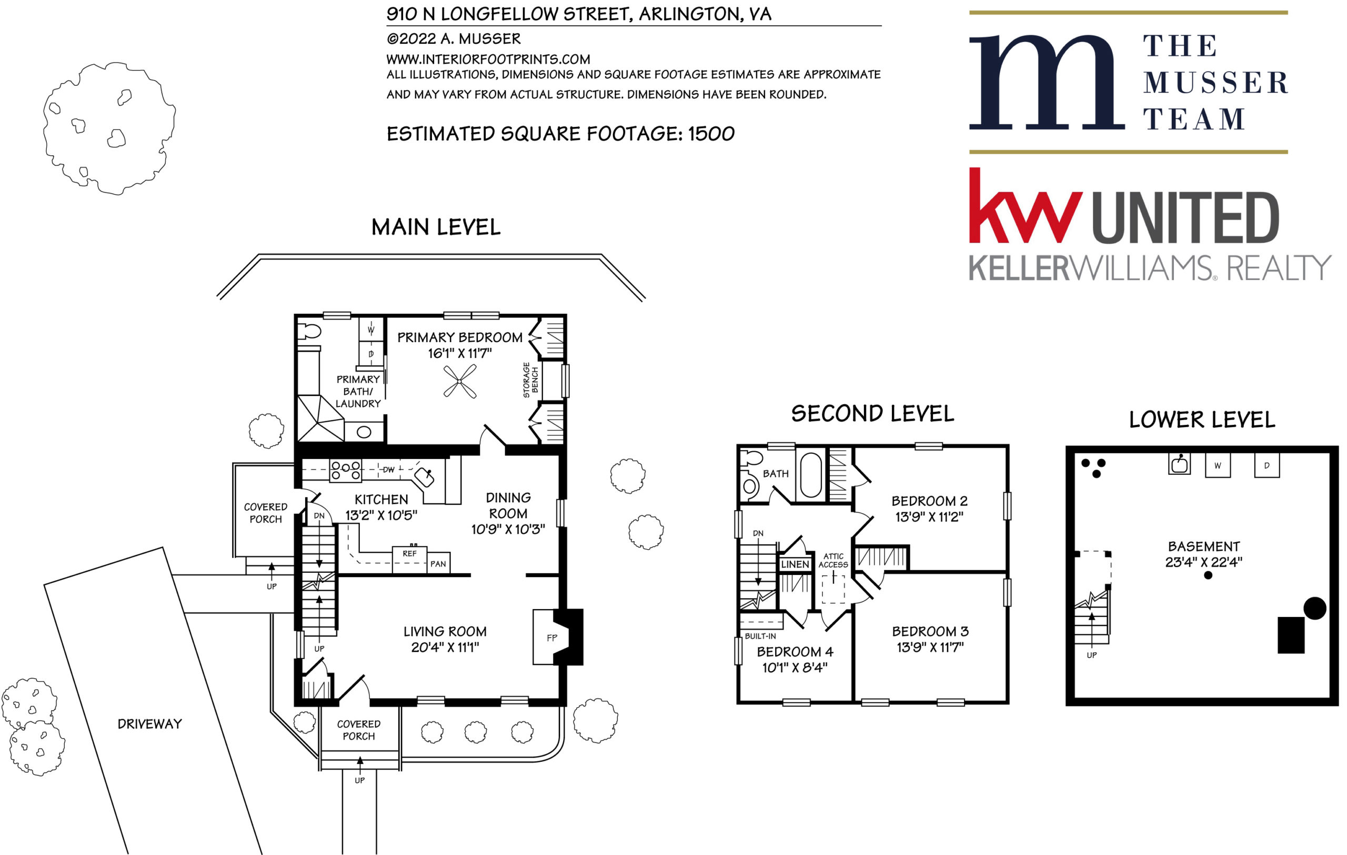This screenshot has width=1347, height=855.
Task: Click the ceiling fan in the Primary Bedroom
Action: (460, 381)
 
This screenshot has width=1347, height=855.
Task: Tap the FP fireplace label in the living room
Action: (552, 638)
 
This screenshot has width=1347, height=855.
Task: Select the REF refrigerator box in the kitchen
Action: (409, 559)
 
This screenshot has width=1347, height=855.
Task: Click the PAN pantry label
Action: (438, 563)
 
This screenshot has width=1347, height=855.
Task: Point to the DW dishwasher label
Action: (388, 470)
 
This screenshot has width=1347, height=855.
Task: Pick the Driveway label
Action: (150, 723)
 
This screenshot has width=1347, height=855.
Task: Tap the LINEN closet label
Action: (795, 564)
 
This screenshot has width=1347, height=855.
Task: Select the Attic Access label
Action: (833, 560)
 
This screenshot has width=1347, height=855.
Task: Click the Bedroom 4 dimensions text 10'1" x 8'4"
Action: (795, 667)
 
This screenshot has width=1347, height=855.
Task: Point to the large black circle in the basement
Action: (1314, 608)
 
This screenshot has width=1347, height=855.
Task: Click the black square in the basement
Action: (1291, 635)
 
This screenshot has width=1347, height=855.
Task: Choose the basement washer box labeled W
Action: (1217, 465)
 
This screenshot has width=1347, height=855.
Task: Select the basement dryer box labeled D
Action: (1267, 465)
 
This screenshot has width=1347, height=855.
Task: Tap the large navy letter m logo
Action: (1047, 82)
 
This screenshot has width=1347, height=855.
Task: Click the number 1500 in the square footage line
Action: (711, 134)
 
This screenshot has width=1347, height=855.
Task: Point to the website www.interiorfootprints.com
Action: (488, 59)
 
